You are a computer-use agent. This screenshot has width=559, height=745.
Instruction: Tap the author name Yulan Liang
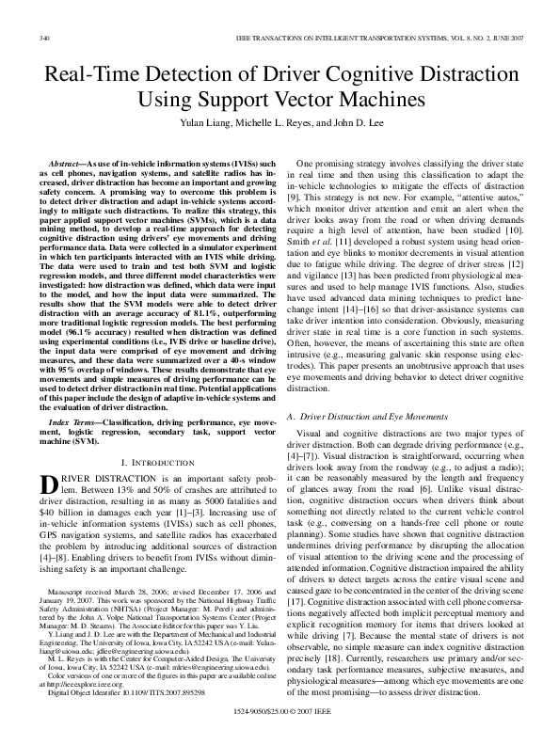[204, 121]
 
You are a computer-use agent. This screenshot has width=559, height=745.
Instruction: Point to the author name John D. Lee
[370, 121]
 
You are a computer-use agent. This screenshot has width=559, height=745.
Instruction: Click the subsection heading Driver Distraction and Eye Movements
[380, 388]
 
